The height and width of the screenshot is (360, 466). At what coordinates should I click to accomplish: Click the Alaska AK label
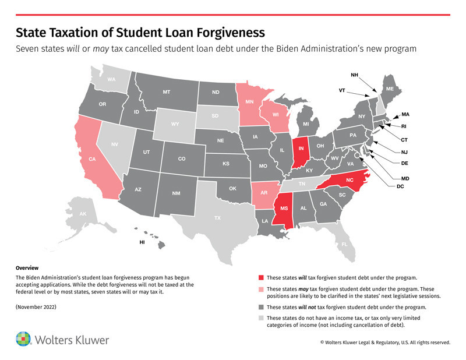[83, 214]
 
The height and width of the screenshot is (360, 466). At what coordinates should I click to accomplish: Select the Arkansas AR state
[265, 193]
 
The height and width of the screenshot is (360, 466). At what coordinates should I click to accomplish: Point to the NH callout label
[355, 75]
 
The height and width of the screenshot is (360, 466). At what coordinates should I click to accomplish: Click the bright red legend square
[260, 277]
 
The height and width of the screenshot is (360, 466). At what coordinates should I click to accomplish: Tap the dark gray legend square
[260, 306]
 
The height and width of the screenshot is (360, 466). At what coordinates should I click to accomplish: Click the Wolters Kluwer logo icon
[24, 338]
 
